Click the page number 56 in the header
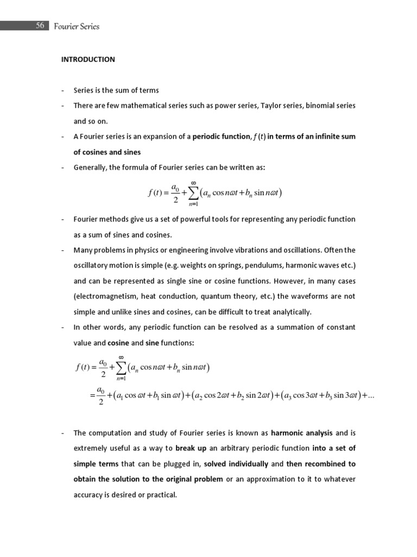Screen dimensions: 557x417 click(40, 26)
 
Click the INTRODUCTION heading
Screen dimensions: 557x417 click(87, 59)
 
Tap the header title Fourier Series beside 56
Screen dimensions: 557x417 click(77, 26)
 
